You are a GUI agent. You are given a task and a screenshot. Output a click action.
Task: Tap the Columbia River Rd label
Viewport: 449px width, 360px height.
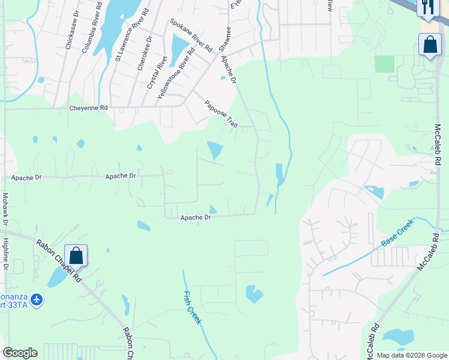88,29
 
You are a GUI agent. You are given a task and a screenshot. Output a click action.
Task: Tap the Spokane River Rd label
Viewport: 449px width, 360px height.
190,35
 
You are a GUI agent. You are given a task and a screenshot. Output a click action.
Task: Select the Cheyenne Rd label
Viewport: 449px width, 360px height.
88,108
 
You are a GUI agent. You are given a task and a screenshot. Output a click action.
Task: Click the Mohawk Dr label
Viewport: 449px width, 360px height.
5,208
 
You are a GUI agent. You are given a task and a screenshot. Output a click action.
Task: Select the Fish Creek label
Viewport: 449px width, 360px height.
192,307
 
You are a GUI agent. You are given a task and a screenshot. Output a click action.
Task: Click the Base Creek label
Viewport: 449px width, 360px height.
397,236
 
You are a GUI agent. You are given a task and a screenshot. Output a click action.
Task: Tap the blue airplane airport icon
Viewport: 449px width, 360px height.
37,299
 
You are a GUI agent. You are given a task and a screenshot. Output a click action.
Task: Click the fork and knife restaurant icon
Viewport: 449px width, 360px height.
427,7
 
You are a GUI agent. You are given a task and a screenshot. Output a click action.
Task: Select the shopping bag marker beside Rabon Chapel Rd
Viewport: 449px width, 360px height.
76,255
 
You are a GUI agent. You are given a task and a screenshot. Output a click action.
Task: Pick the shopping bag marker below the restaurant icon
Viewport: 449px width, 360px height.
430,44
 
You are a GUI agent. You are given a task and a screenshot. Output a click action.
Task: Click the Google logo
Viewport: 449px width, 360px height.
20,353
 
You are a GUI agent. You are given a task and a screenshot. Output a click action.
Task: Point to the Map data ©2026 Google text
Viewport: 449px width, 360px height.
411,355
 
